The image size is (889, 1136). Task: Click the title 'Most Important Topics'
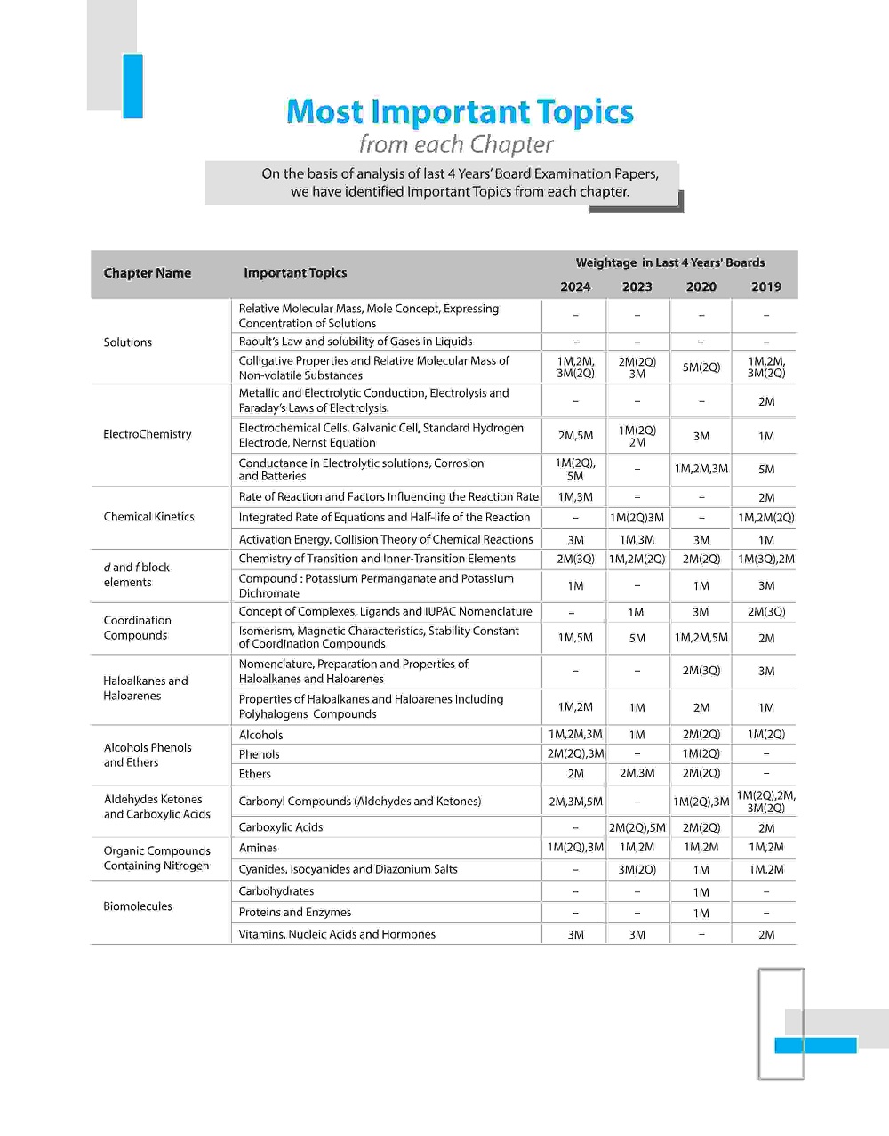460,112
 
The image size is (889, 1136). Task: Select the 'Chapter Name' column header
148,273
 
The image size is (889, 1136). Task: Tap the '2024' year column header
575,286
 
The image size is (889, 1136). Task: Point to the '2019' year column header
765,286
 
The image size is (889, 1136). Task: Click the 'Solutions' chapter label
128,342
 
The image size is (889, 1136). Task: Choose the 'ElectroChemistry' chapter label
148,434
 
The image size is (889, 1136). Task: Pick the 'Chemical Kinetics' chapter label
148,517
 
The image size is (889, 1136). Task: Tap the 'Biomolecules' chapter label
138,906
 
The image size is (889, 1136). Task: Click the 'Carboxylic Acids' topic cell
281,827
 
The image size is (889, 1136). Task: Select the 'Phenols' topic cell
260,754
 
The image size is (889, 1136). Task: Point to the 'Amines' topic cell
259,848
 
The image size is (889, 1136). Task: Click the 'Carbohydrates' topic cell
276,891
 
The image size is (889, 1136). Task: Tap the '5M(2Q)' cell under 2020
701,367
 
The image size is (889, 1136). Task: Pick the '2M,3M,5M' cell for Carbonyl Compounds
575,802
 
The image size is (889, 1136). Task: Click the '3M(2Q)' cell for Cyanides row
637,870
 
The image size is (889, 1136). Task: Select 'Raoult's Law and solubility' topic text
356,342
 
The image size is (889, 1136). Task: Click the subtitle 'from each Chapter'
456,144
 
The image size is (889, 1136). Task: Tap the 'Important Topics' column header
295,273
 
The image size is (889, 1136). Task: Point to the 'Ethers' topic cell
255,774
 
